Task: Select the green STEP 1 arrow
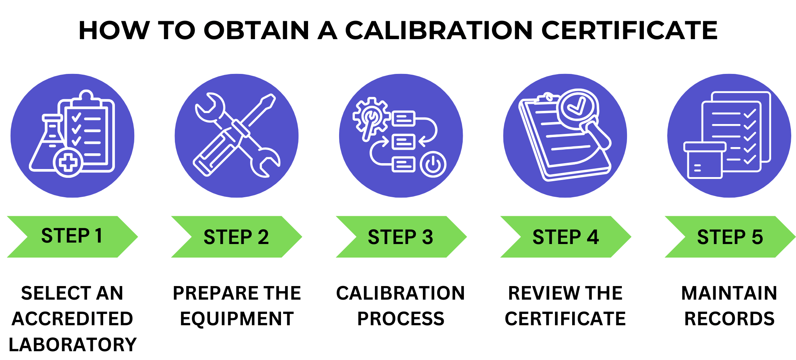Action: coord(72,236)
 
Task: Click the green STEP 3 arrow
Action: coord(401,237)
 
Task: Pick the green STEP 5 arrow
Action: coord(730,237)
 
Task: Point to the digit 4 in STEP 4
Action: coord(593,237)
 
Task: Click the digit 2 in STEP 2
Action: coord(263,237)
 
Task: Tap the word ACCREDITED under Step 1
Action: coord(72,319)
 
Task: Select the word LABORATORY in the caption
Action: coord(72,345)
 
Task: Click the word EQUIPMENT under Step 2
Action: coord(237,319)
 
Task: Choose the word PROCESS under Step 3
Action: coord(401,319)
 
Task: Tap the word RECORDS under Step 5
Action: coord(729,319)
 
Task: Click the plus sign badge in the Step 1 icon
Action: coord(68,162)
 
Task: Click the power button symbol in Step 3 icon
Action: coord(433,164)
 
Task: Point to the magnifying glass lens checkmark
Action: coord(575,106)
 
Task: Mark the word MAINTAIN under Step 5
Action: coord(729,293)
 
